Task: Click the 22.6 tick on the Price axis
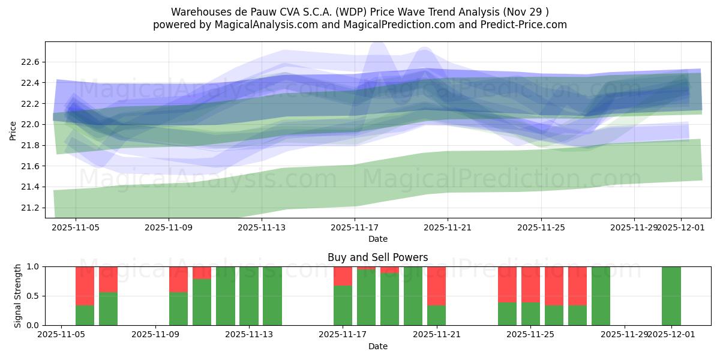pyautogui.click(x=29, y=62)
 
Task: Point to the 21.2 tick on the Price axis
pyautogui.click(x=29, y=208)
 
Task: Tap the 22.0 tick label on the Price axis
pyautogui.click(x=29, y=124)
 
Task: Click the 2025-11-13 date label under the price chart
pyautogui.click(x=262, y=228)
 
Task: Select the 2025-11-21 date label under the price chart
pyautogui.click(x=448, y=228)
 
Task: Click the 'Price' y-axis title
pyautogui.click(x=13, y=130)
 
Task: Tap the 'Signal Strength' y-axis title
pyautogui.click(x=18, y=296)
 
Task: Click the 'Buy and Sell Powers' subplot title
pyautogui.click(x=377, y=257)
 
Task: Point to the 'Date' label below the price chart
pyautogui.click(x=377, y=239)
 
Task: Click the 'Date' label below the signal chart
pyautogui.click(x=377, y=346)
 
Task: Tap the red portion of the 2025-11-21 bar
pyautogui.click(x=436, y=286)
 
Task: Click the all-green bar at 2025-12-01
pyautogui.click(x=671, y=296)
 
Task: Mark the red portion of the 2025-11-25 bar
pyautogui.click(x=530, y=284)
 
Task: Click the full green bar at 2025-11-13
pyautogui.click(x=272, y=296)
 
